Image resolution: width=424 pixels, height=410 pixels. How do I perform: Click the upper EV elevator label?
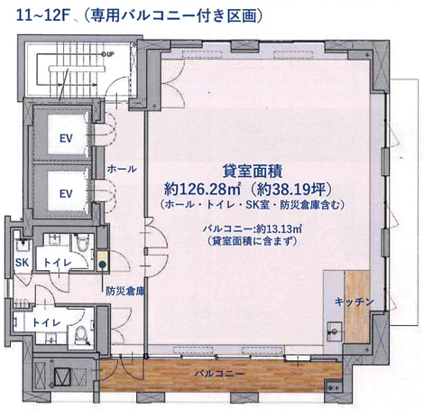[65, 138]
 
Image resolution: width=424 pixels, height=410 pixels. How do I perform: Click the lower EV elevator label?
[65, 193]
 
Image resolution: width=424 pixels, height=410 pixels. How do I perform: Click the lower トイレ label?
[41, 322]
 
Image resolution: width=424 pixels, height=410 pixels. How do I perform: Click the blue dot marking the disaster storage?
[103, 265]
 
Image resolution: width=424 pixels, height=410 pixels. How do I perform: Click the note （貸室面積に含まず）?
[251, 243]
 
